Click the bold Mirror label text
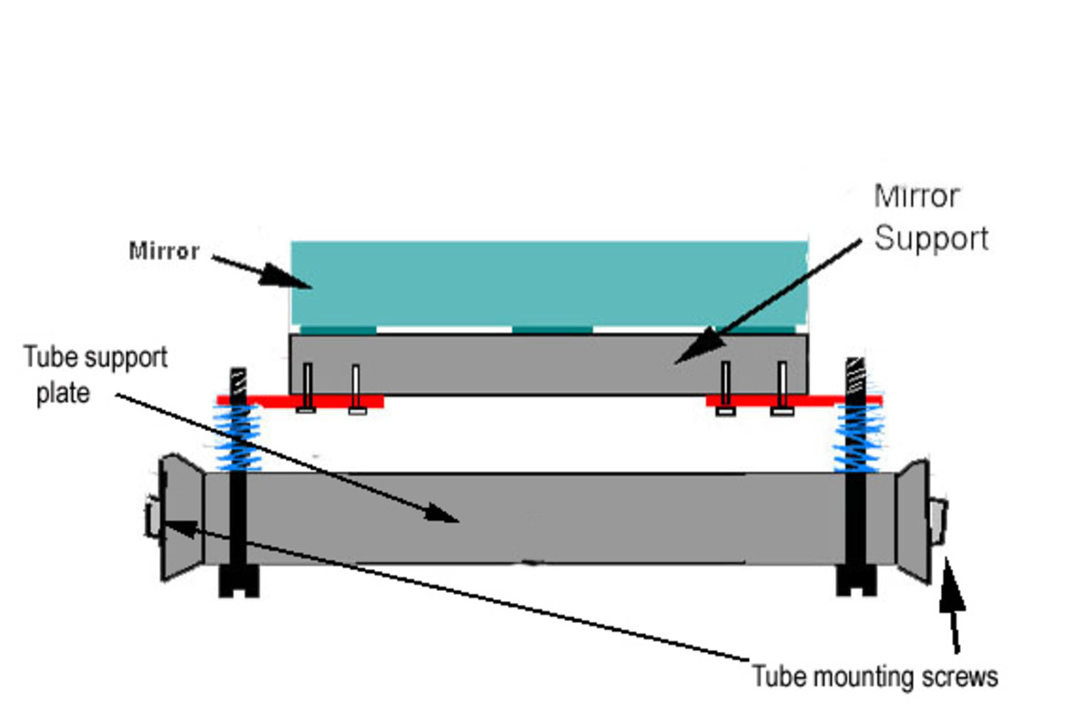pyautogui.click(x=164, y=251)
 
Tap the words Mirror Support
pyautogui.click(x=930, y=217)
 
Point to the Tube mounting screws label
pyautogui.click(x=875, y=677)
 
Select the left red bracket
pyautogui.click(x=300, y=401)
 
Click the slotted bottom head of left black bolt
pyautogui.click(x=239, y=582)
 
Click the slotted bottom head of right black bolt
pyautogui.click(x=856, y=582)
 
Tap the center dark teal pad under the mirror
pyautogui.click(x=552, y=329)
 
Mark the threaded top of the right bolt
pyautogui.click(x=856, y=373)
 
